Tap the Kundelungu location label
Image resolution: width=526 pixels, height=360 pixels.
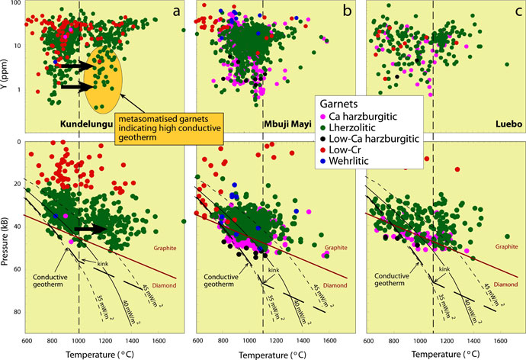pos(87,123)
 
